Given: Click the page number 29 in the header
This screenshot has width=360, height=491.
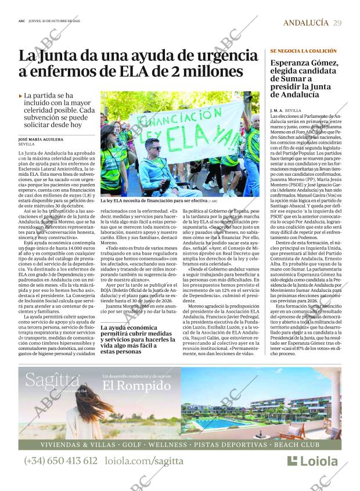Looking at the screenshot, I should coord(337,23).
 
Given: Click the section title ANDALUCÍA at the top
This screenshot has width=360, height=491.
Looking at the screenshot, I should coord(305,23).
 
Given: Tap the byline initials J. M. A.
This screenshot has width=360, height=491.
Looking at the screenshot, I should coord(276,110).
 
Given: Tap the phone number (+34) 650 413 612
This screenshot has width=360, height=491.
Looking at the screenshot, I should coord(61,461).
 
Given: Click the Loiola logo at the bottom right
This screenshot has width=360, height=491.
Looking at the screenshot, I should coord(312,461).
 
